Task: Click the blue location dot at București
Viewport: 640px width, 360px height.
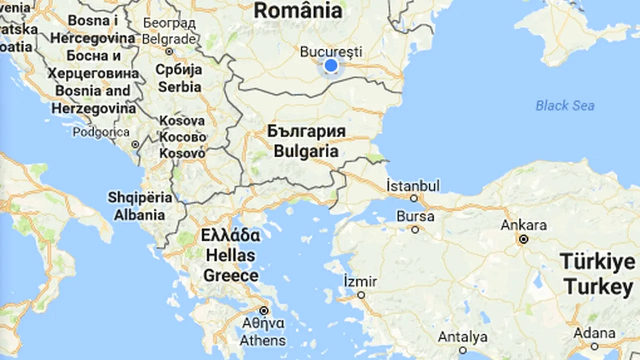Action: coord(330,65)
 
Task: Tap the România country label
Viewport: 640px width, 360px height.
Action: coord(298,11)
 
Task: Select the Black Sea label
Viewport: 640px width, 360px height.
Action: coord(565,105)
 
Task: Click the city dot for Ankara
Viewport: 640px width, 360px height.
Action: coord(523,239)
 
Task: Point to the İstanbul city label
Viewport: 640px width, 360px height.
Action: coord(413,185)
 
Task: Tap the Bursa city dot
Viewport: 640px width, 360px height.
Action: coord(415,229)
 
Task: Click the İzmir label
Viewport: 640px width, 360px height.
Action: coord(360,281)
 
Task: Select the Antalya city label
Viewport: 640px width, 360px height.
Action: coord(462,337)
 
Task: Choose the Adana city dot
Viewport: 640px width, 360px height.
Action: coord(594,346)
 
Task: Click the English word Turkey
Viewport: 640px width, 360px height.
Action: coord(598,287)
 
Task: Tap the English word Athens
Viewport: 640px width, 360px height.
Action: coord(262,341)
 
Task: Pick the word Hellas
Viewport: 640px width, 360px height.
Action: coord(230,255)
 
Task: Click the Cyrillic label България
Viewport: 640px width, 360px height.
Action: coord(306,131)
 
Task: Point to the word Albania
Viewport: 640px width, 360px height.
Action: coord(139,215)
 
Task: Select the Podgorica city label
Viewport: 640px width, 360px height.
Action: coord(101,132)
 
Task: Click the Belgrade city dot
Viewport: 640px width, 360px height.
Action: coord(169,51)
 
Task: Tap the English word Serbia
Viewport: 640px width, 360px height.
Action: coord(179,86)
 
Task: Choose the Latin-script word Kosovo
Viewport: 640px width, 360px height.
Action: coord(182,153)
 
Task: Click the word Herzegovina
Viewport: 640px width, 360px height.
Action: coord(93,108)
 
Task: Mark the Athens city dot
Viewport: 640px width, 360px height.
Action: coord(263,310)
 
